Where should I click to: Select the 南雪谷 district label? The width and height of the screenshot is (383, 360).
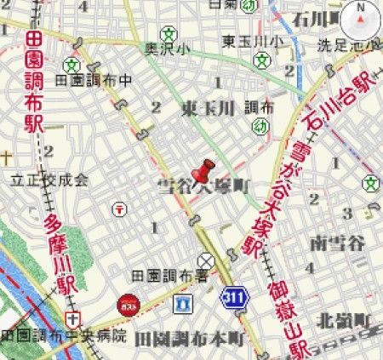click(338, 244)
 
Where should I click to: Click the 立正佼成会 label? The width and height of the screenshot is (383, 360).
click(49, 180)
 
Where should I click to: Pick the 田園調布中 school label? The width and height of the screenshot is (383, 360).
click(93, 80)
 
